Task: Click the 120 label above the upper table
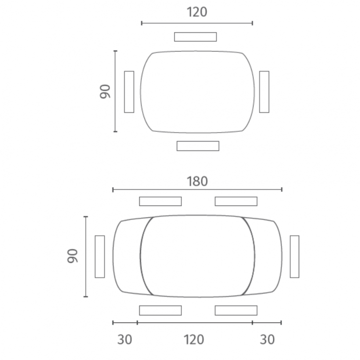197,12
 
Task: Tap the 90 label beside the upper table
105,92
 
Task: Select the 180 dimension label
197,181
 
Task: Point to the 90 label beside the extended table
72,256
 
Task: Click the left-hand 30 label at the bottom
125,340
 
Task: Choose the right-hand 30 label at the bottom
267,340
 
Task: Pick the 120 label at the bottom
194,340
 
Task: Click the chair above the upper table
196,37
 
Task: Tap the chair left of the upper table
129,92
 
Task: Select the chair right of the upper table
264,92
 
